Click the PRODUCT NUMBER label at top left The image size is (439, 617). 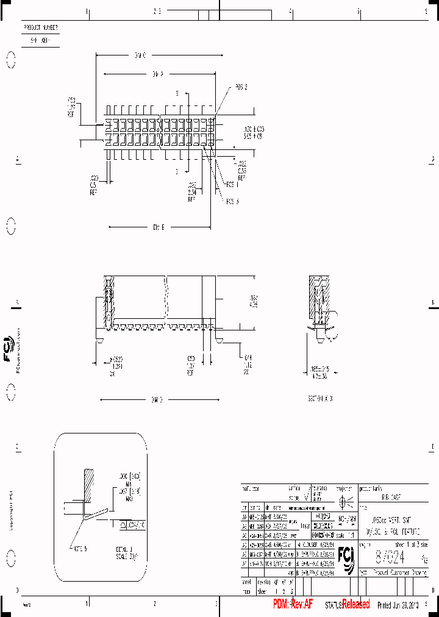[x=41, y=28]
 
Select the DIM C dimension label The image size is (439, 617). [x=140, y=55]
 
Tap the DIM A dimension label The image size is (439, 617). [x=158, y=74]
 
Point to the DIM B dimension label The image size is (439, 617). [x=159, y=227]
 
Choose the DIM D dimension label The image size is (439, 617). [x=157, y=400]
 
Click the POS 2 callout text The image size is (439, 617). [x=241, y=87]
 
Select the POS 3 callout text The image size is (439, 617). [x=233, y=201]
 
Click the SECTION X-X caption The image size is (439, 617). [x=321, y=397]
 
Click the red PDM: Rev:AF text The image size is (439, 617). [x=293, y=604]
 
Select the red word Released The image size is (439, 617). [x=355, y=604]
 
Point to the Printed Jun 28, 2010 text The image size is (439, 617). [x=399, y=605]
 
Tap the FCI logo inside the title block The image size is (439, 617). [x=348, y=558]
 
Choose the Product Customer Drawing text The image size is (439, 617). [x=398, y=574]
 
